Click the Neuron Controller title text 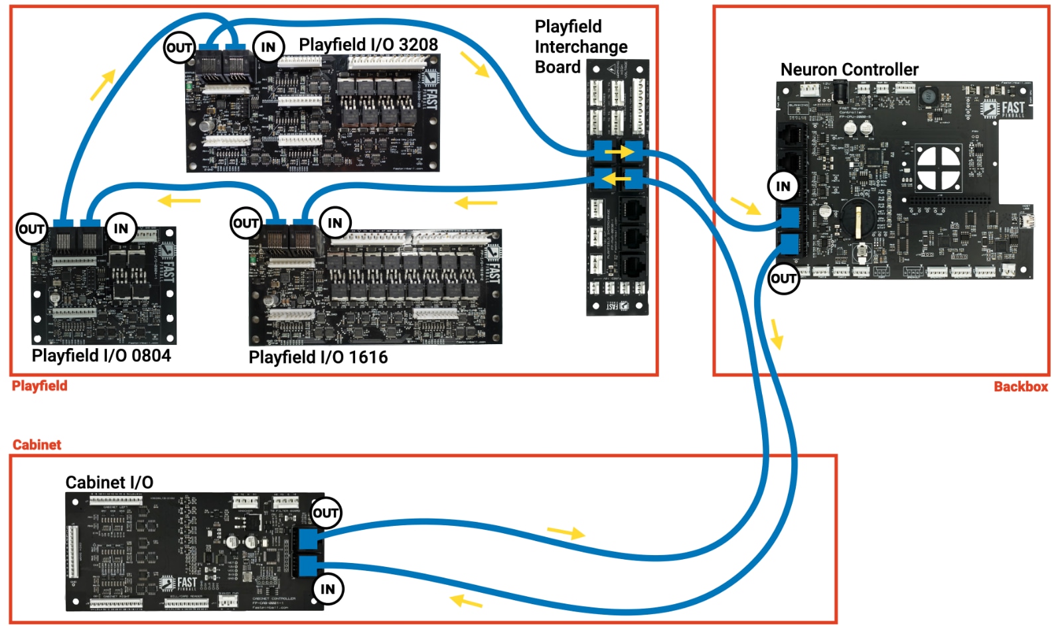coord(849,70)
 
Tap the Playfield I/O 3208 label coord(368,44)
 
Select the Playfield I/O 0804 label coord(101,355)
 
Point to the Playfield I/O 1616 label coord(318,357)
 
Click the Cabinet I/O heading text coord(109,482)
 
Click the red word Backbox coord(1020,387)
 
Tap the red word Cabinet coord(37,444)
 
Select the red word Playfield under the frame coord(39,386)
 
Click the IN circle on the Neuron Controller coord(783,186)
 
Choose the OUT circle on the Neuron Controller coord(783,279)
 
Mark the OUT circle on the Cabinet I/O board coord(326,513)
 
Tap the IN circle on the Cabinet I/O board coord(328,589)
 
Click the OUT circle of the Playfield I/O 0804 coord(31,229)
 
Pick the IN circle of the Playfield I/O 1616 coord(335,223)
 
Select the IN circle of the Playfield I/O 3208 coord(268,47)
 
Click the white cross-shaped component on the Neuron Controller coord(939,166)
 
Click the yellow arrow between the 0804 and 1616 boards coord(179,200)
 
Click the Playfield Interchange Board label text coord(580,46)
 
